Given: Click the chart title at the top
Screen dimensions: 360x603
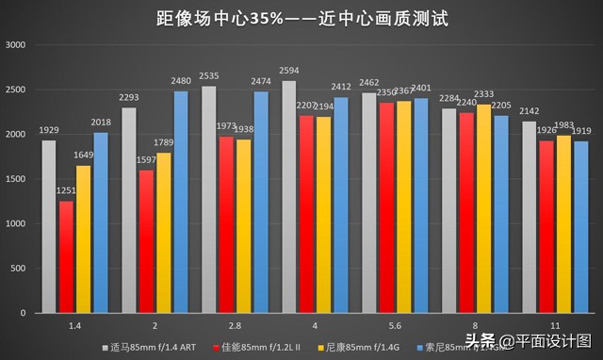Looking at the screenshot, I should point(301,17).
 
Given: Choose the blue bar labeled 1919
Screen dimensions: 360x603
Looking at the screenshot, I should point(581,227).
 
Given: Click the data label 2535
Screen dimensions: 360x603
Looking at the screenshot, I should point(209,77).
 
